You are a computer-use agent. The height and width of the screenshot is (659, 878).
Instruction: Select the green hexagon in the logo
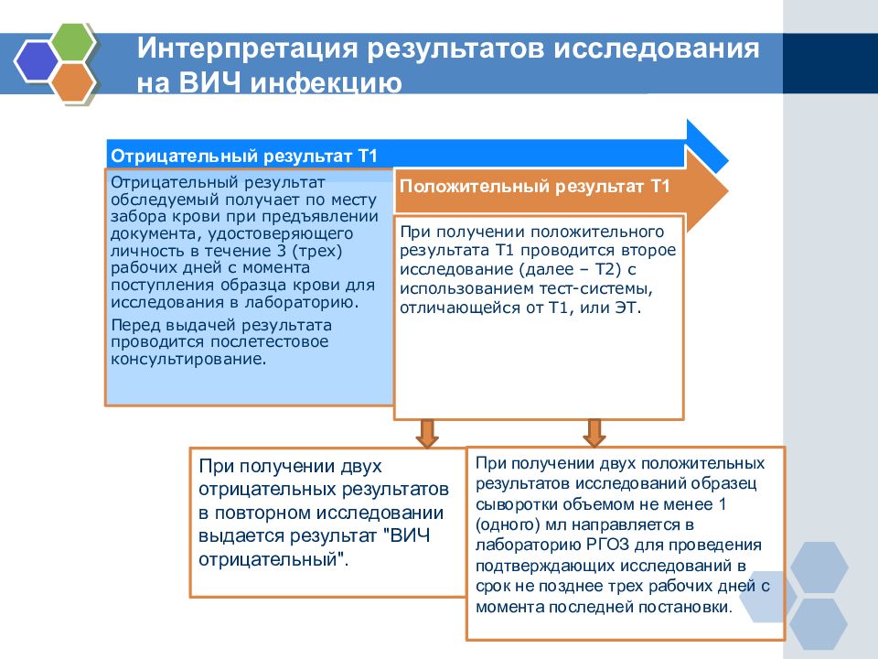tap(73, 41)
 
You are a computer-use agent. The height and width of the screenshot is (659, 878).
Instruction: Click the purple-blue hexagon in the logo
tap(37, 61)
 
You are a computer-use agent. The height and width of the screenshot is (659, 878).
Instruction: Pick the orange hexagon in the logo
tap(73, 81)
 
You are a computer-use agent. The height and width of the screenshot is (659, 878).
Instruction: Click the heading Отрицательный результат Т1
tap(244, 156)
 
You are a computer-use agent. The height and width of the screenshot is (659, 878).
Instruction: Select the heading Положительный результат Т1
tap(534, 186)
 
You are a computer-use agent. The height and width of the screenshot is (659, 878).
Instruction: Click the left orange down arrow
tap(427, 433)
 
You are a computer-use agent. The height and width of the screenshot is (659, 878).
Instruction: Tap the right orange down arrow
tap(594, 433)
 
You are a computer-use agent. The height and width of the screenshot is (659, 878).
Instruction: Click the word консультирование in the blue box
tap(188, 359)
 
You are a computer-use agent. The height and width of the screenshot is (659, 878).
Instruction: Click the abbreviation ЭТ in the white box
tap(627, 308)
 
